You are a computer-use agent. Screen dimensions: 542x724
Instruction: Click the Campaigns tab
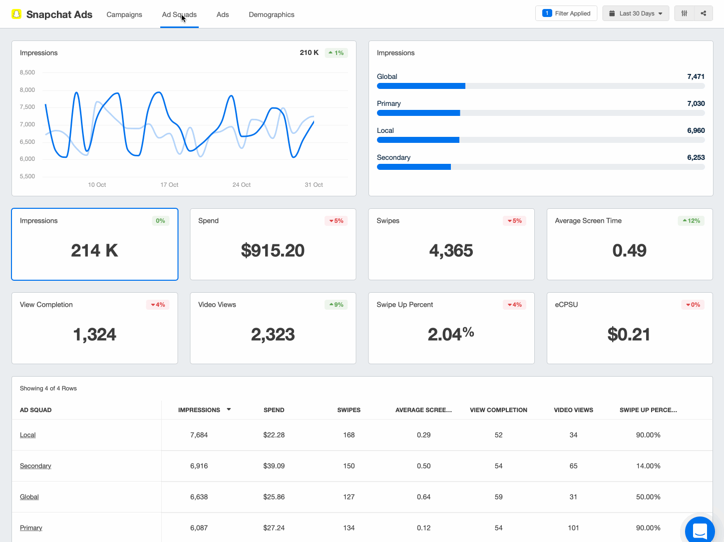[124, 14]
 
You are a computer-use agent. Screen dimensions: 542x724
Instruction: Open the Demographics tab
[271, 14]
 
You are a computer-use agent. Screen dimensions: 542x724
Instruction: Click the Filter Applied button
[566, 13]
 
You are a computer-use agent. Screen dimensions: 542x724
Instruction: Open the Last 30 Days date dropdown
[635, 13]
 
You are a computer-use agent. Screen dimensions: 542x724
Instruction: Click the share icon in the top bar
[703, 13]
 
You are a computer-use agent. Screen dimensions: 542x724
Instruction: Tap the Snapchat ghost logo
[17, 14]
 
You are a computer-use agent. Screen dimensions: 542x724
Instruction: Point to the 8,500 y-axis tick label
[27, 72]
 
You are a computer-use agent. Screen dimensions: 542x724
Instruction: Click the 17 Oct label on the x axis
[169, 185]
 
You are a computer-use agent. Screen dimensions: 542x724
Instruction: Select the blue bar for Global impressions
[421, 86]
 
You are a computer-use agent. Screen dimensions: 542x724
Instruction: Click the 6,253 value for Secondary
[696, 157]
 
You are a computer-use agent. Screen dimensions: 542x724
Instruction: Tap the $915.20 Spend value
[273, 250]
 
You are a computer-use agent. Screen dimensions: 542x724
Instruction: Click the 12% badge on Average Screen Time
[691, 221]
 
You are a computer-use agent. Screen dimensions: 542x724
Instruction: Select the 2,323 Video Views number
[273, 334]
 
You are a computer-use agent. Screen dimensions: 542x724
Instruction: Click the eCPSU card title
[566, 305]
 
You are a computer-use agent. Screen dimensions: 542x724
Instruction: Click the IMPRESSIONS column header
[199, 410]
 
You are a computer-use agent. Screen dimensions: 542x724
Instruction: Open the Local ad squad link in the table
[28, 435]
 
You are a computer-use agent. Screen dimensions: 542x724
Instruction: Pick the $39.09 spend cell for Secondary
[274, 466]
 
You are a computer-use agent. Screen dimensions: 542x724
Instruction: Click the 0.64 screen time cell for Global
[423, 497]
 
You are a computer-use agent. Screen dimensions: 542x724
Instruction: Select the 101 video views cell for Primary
[573, 528]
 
